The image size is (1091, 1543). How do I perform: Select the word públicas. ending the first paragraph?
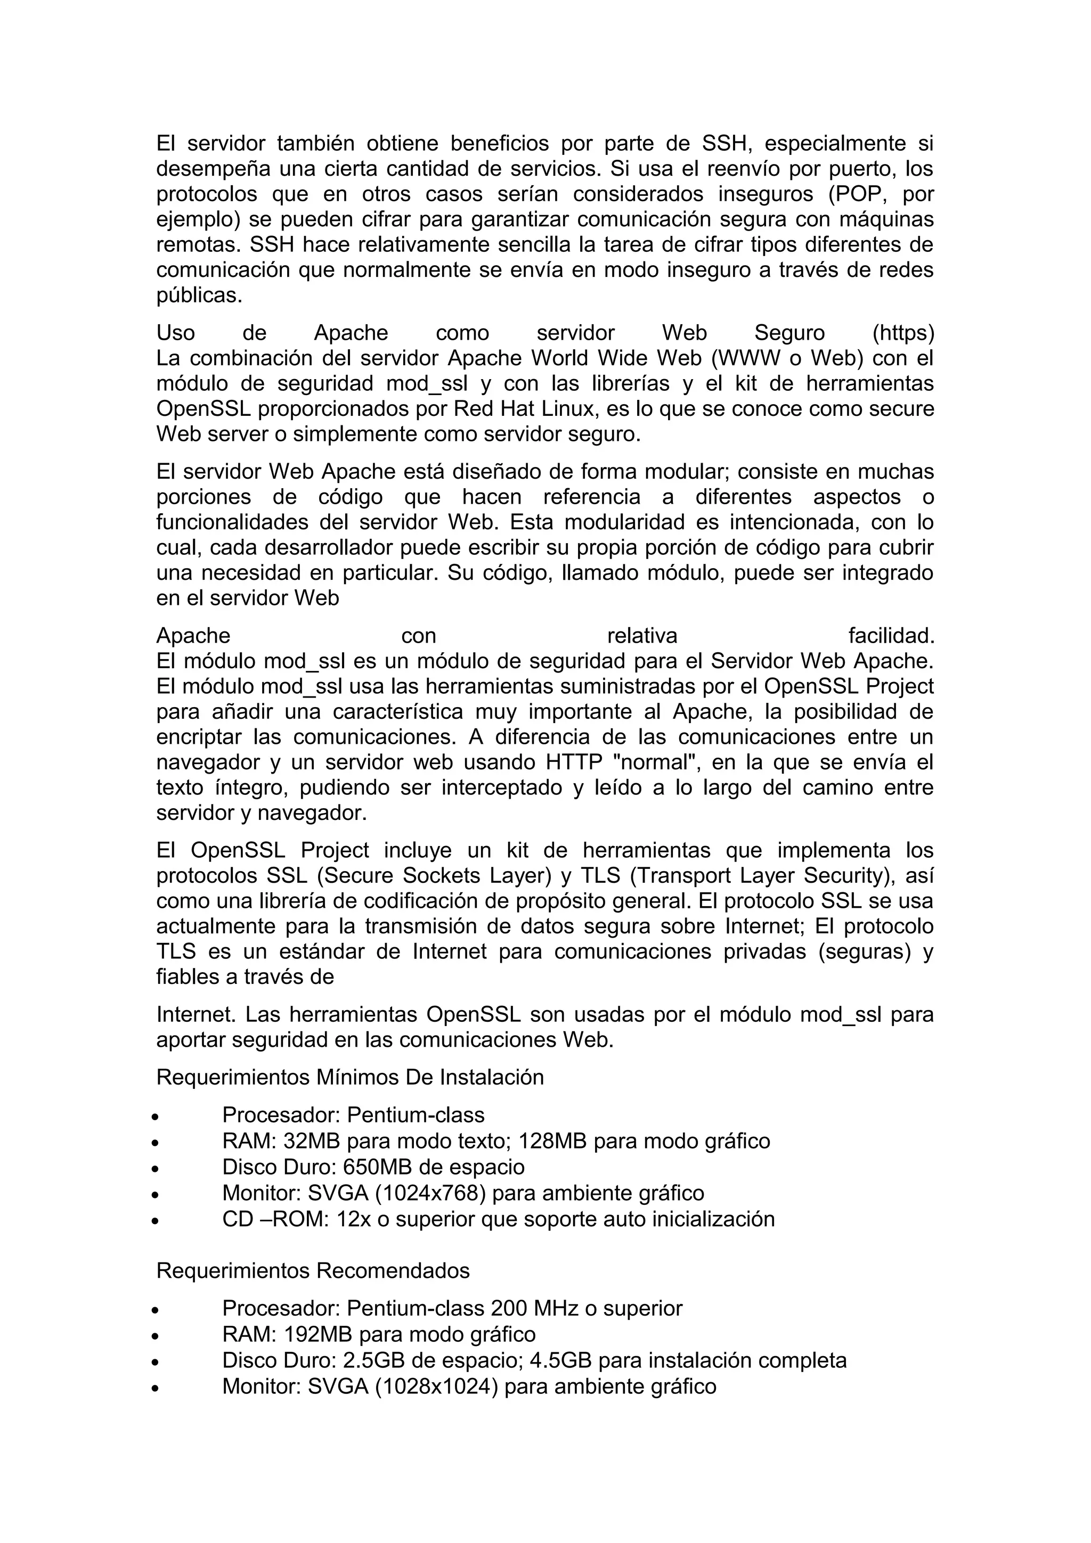[x=199, y=295]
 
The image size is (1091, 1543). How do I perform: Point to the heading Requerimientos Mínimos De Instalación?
[x=349, y=1077]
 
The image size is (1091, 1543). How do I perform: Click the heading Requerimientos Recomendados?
[x=313, y=1271]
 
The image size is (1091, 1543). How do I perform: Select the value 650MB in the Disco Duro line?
[x=372, y=1167]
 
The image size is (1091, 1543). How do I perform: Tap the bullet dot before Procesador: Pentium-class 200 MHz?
[x=155, y=1310]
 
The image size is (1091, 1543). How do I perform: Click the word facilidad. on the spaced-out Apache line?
[x=891, y=635]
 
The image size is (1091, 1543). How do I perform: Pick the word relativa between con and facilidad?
[x=642, y=635]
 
